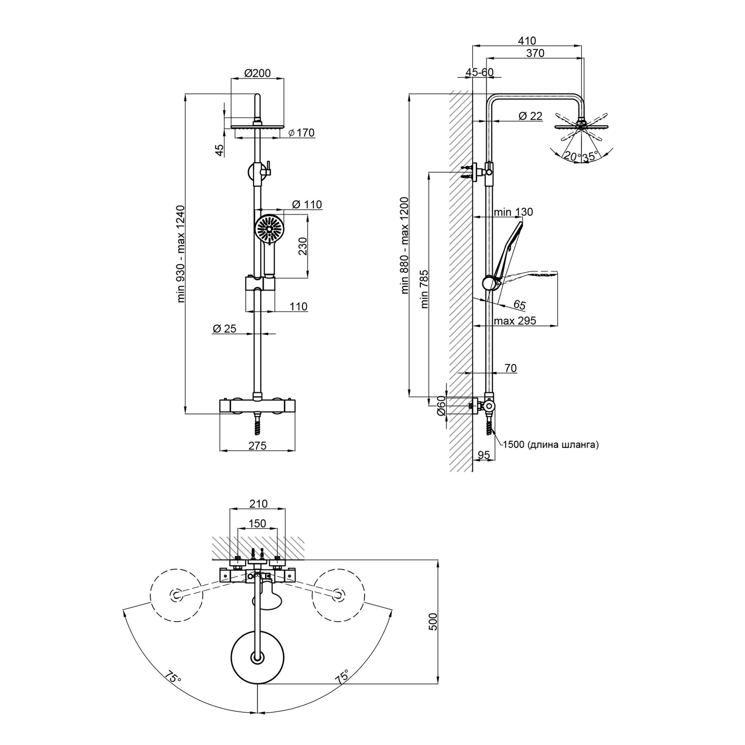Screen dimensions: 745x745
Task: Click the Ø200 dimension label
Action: (x=257, y=73)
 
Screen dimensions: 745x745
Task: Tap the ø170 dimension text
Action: (x=301, y=133)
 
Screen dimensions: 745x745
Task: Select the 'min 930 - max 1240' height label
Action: (x=181, y=254)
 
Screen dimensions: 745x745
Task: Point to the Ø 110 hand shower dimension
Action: (x=307, y=204)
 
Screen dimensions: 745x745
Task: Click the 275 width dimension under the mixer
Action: (x=257, y=445)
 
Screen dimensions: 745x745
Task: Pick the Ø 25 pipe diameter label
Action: (x=224, y=329)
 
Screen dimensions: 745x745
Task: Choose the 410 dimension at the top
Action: (x=527, y=41)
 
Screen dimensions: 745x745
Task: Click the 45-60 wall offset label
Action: (x=479, y=72)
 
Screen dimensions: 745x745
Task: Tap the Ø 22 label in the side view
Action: (x=530, y=116)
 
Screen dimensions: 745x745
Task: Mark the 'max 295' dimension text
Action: (x=515, y=320)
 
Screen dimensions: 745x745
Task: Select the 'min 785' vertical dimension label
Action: (x=425, y=289)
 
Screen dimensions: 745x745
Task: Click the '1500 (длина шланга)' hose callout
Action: (x=550, y=445)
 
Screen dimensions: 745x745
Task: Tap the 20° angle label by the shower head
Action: (x=572, y=156)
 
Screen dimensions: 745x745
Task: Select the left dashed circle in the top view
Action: (x=177, y=595)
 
